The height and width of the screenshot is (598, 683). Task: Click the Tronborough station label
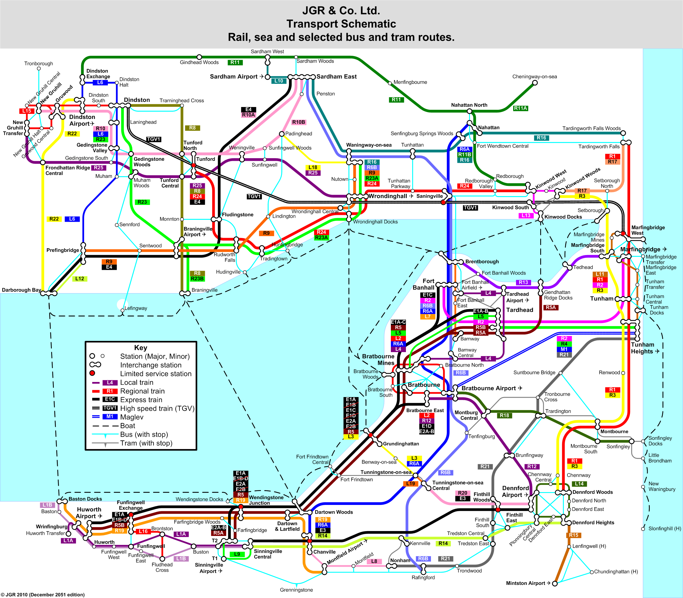pos(39,63)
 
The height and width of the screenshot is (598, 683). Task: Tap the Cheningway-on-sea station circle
pos(535,83)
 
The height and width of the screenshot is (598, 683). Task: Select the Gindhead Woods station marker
pos(199,57)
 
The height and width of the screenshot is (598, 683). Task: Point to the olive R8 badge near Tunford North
pos(192,128)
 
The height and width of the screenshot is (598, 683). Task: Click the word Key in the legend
pos(141,348)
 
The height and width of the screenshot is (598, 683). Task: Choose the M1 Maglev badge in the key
pos(110,416)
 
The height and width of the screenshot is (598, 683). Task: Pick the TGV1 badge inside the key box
pos(110,408)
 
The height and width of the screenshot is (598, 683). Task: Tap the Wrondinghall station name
pos(387,196)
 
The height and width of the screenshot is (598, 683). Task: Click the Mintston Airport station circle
pos(555,583)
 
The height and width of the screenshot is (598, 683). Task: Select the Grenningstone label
pos(296,590)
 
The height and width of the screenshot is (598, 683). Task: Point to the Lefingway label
pos(136,308)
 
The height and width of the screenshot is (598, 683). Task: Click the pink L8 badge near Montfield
pos(374,561)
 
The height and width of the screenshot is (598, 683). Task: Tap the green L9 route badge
pos(237,554)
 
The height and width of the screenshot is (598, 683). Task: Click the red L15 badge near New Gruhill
pos(27,111)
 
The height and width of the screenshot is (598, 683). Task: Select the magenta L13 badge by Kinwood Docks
pos(526,215)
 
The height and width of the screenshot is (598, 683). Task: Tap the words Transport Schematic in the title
pos(341,24)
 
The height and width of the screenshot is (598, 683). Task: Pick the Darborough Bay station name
pos(22,290)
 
